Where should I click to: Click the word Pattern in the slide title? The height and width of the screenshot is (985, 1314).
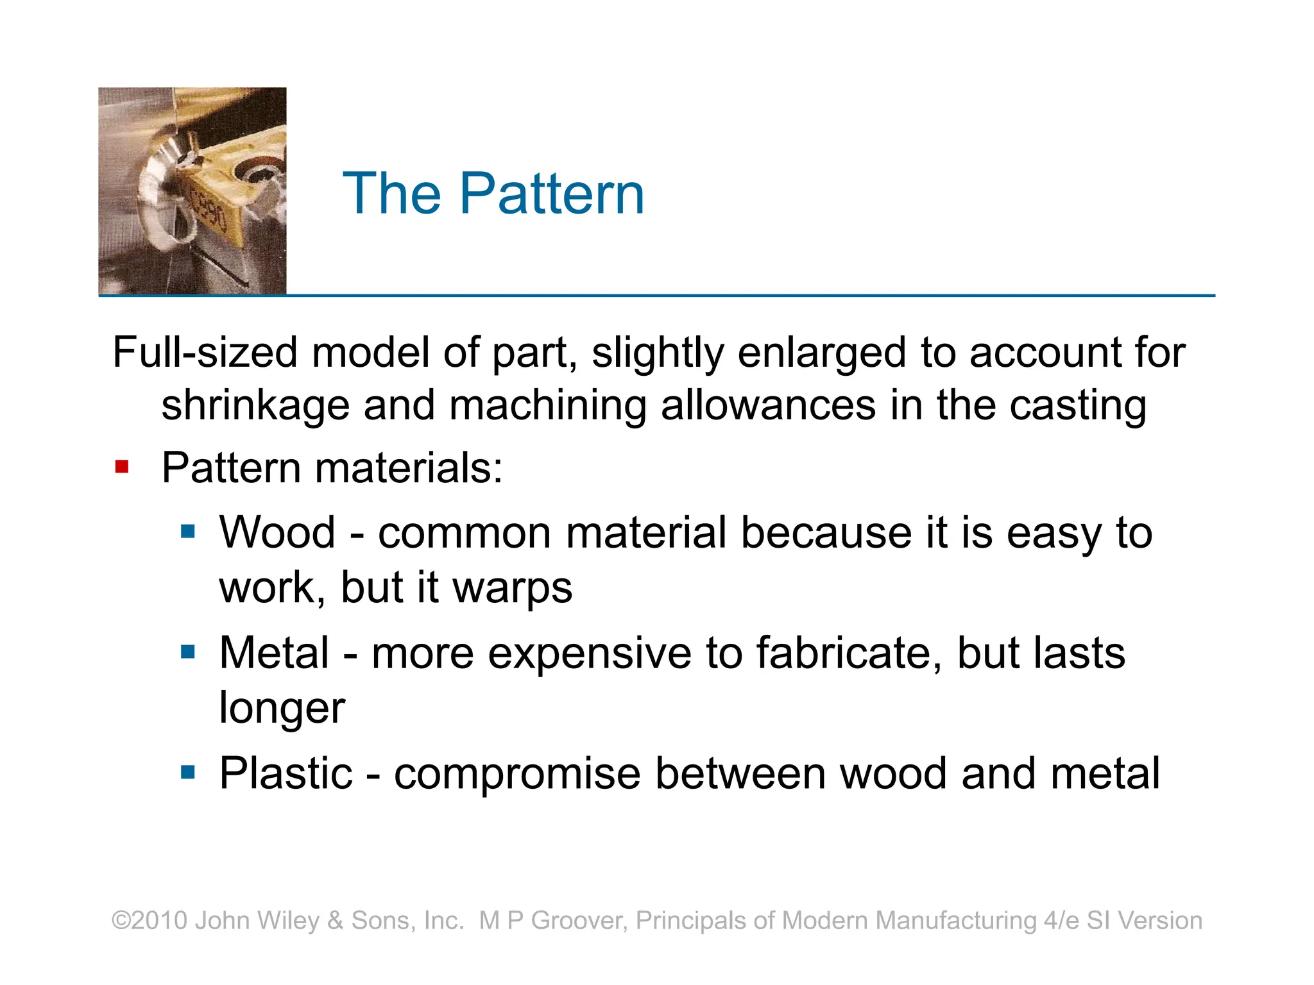click(552, 194)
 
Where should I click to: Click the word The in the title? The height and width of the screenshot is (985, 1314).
click(392, 194)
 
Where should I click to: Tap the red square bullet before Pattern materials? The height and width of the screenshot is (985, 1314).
click(122, 466)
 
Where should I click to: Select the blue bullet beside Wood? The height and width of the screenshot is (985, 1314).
click(187, 531)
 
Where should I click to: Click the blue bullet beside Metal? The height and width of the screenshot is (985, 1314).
click(187, 652)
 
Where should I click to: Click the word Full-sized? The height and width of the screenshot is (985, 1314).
click(205, 353)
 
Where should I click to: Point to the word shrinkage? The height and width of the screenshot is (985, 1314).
click(255, 407)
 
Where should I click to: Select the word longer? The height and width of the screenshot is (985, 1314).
click(282, 708)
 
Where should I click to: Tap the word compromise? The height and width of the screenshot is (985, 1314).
click(517, 773)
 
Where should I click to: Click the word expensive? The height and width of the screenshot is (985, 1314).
click(589, 653)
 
